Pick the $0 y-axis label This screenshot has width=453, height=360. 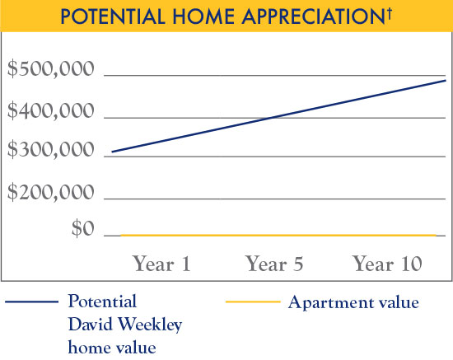pyautogui.click(x=81, y=229)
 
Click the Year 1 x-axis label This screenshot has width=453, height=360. pyautogui.click(x=161, y=264)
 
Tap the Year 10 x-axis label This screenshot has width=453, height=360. pyautogui.click(x=387, y=264)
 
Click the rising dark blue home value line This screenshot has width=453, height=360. pyautogui.click(x=272, y=119)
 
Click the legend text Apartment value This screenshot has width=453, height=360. pyautogui.click(x=353, y=302)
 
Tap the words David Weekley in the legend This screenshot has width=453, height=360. pyautogui.click(x=124, y=325)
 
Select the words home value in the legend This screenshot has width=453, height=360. pyautogui.click(x=112, y=347)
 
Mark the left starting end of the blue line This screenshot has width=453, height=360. pyautogui.click(x=114, y=152)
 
